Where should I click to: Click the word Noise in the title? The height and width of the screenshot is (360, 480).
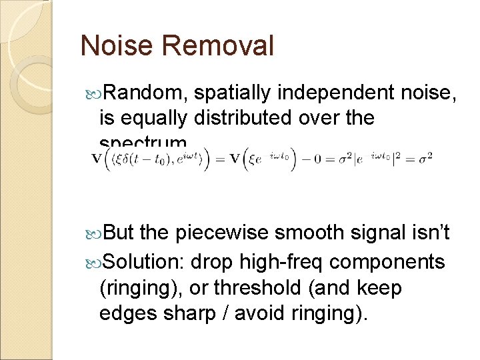(x=117, y=46)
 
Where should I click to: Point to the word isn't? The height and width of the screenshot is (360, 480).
(x=425, y=233)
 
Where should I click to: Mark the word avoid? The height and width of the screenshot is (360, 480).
(x=245, y=314)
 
